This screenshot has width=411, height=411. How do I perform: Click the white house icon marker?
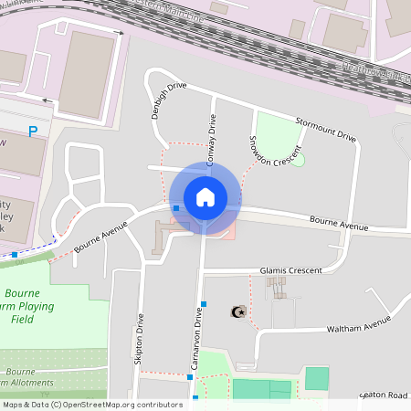coord(205,196)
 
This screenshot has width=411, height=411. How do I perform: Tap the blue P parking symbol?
coord(34,132)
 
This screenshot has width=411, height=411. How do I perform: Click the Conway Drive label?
coord(212,135)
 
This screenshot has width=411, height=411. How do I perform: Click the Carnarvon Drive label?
coord(197,332)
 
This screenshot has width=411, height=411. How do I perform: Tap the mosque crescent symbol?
coord(239,312)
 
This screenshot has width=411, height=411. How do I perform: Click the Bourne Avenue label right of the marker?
coord(339,223)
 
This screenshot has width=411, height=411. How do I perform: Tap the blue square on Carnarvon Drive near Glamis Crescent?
coord(204,303)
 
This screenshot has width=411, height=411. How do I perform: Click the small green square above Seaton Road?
coord(316,378)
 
